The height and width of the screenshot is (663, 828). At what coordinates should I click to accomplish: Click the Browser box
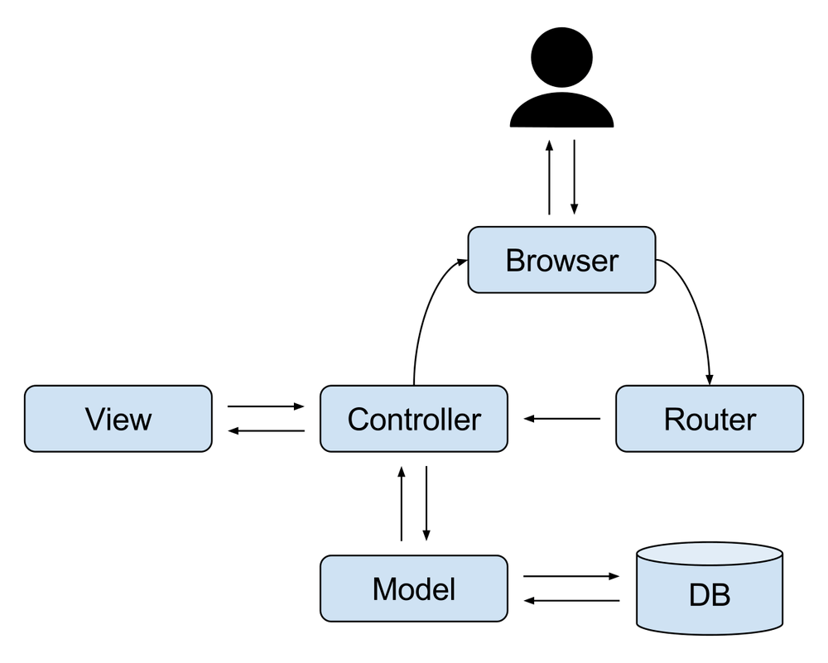point(562,260)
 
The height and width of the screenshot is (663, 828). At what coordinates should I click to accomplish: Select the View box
point(118,419)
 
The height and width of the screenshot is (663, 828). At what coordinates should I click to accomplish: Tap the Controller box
point(414,419)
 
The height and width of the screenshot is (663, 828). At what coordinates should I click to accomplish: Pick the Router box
point(710,419)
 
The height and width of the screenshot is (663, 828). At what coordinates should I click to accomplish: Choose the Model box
point(414,588)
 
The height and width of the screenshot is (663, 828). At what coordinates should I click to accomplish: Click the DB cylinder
point(710,588)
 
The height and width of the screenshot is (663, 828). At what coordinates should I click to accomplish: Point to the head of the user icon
point(562,57)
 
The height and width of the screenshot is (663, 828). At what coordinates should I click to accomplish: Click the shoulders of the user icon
point(562,110)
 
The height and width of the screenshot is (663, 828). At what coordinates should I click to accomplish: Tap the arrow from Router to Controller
point(562,419)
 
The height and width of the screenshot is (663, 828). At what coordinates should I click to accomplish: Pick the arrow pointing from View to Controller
point(266,406)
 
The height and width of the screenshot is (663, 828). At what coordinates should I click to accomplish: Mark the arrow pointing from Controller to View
point(266,430)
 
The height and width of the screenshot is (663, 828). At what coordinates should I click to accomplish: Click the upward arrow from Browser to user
point(549,177)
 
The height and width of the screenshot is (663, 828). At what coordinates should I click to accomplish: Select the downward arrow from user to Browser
point(574,177)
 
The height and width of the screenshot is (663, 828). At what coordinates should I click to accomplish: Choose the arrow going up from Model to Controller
point(402,503)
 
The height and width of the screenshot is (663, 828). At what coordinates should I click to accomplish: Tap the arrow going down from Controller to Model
point(426,503)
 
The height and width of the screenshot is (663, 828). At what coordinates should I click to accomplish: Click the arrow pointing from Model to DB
point(571,576)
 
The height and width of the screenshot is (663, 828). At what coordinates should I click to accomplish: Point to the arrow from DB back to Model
point(571,600)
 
